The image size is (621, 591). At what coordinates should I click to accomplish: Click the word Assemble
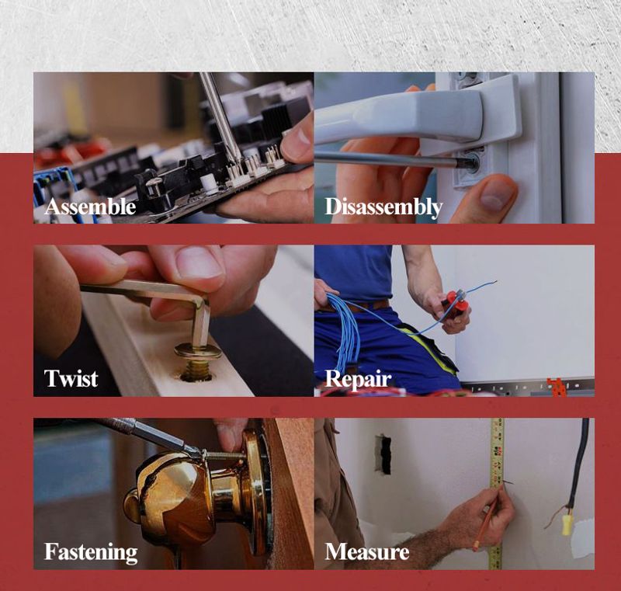(90, 207)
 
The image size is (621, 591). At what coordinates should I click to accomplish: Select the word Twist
(71, 378)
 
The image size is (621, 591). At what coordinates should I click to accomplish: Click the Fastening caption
(91, 553)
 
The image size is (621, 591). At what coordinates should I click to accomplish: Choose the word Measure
(366, 552)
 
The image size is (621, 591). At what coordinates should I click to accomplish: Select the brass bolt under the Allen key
(197, 363)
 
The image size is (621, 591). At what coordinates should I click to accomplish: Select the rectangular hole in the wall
(383, 454)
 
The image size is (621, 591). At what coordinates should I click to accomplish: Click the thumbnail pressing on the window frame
(494, 196)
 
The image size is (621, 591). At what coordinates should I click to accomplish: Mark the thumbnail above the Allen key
(200, 262)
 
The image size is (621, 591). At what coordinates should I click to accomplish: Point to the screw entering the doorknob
(224, 455)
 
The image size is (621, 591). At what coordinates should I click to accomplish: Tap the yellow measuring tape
(497, 494)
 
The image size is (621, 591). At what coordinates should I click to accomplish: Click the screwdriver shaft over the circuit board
(220, 116)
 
